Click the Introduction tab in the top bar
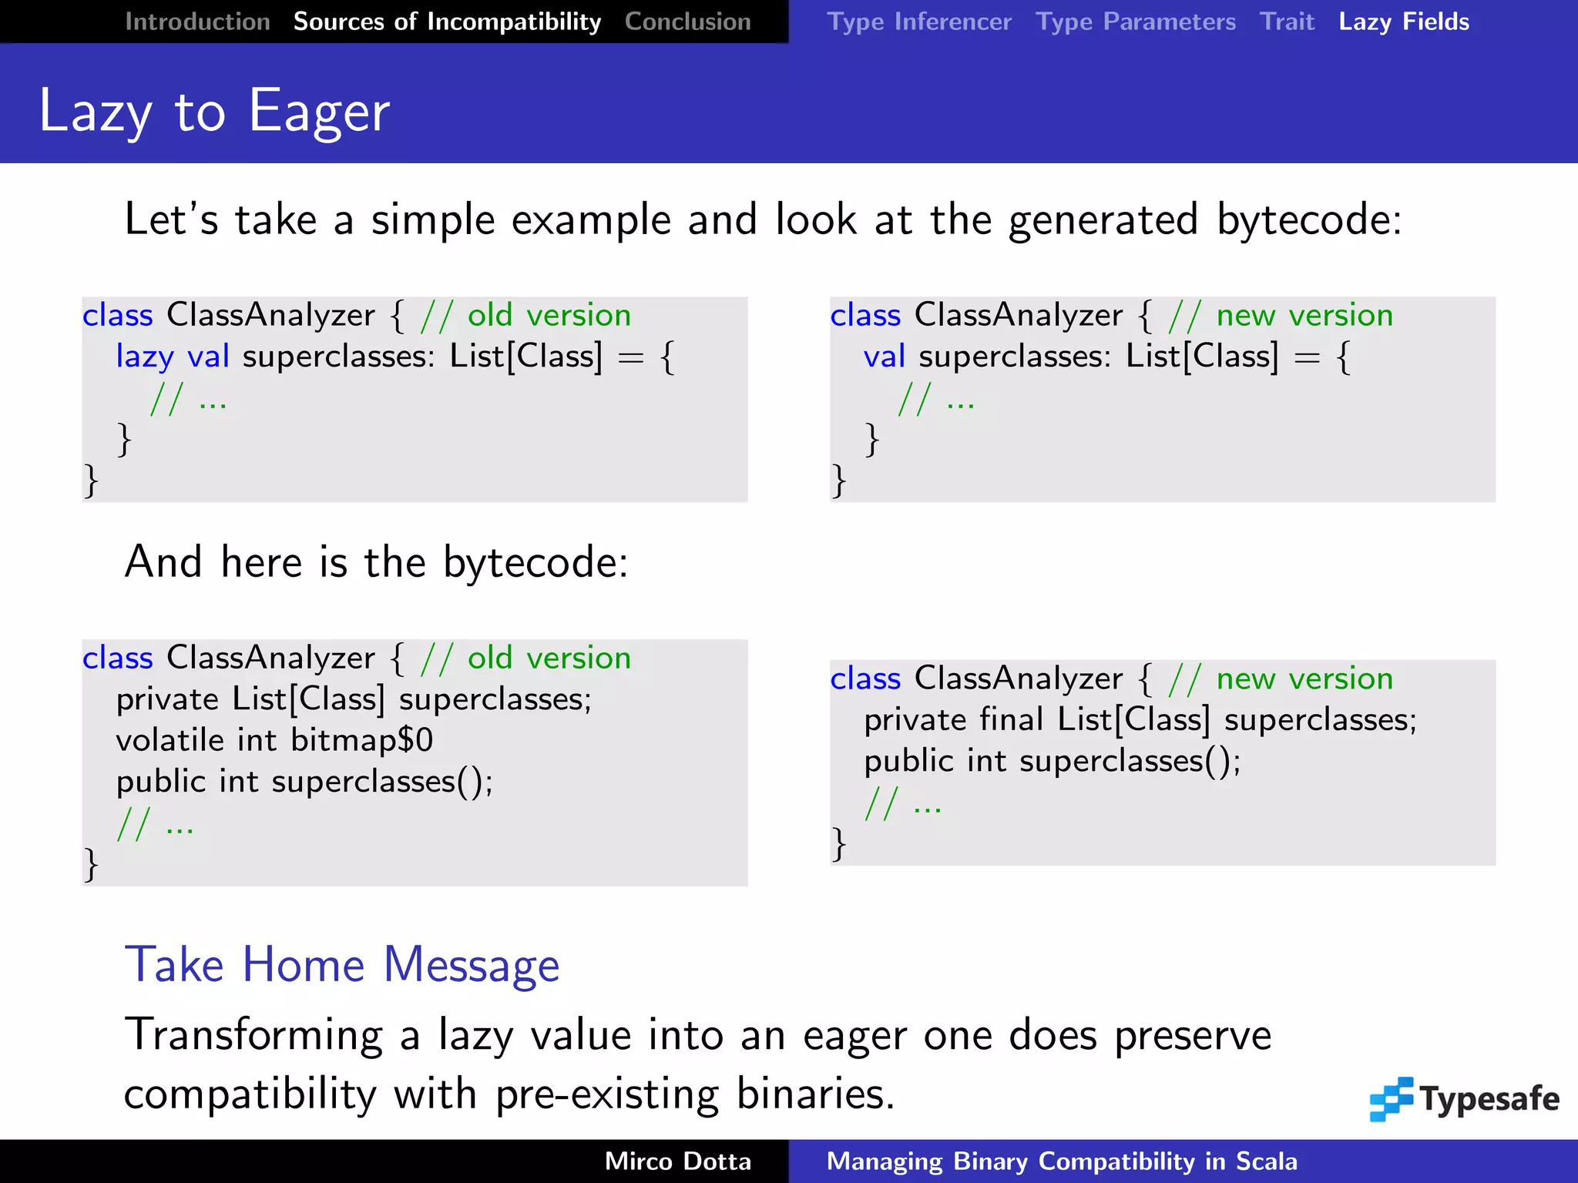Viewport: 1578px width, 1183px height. tap(197, 22)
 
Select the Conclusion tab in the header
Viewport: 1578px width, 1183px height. tap(687, 22)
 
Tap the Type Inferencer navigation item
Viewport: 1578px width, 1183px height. tap(918, 22)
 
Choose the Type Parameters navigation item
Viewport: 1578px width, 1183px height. tap(1135, 22)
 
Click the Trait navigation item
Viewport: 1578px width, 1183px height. tap(1287, 22)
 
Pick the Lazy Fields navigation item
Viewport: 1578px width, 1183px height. tap(1404, 22)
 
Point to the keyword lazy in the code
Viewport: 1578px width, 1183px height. tap(145, 357)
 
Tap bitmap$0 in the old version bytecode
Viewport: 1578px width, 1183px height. tap(362, 740)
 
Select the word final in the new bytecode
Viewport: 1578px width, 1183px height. tap(1010, 719)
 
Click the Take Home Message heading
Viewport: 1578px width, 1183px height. tap(342, 964)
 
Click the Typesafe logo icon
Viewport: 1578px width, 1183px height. tap(1391, 1099)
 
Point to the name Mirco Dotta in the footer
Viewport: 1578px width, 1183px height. tap(677, 1161)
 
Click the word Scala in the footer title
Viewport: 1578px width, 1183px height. tap(1266, 1161)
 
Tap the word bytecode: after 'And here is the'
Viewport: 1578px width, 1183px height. tap(536, 562)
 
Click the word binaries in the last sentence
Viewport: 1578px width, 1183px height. tap(814, 1094)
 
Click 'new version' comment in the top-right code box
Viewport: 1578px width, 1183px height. tap(1304, 316)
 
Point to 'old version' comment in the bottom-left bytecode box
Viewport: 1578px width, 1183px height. tap(549, 659)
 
